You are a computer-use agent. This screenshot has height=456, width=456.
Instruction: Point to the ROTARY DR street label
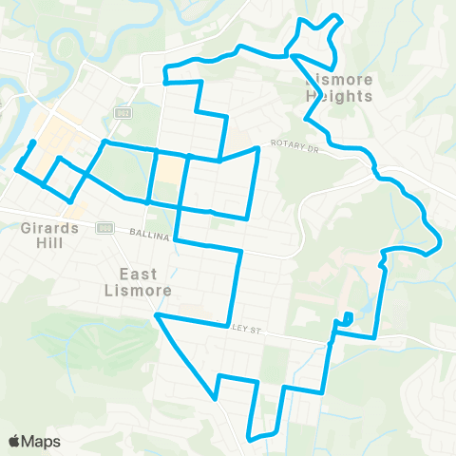pos(292,143)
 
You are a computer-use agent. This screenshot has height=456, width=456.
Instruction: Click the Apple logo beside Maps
pos(14,441)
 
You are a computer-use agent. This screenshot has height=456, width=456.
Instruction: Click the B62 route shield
pos(123,113)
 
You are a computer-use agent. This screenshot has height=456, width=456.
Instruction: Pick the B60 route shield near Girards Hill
pos(104,227)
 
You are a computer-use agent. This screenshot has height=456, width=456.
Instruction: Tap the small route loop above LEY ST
pos(348,317)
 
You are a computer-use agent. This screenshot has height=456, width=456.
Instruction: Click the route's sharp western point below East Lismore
pos(158,314)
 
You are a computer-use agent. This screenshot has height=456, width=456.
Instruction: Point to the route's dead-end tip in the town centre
pos(33,142)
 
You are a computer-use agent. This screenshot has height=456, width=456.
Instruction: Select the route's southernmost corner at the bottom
pos(251,438)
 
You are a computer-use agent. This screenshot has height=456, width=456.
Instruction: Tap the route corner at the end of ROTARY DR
pos(257,148)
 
